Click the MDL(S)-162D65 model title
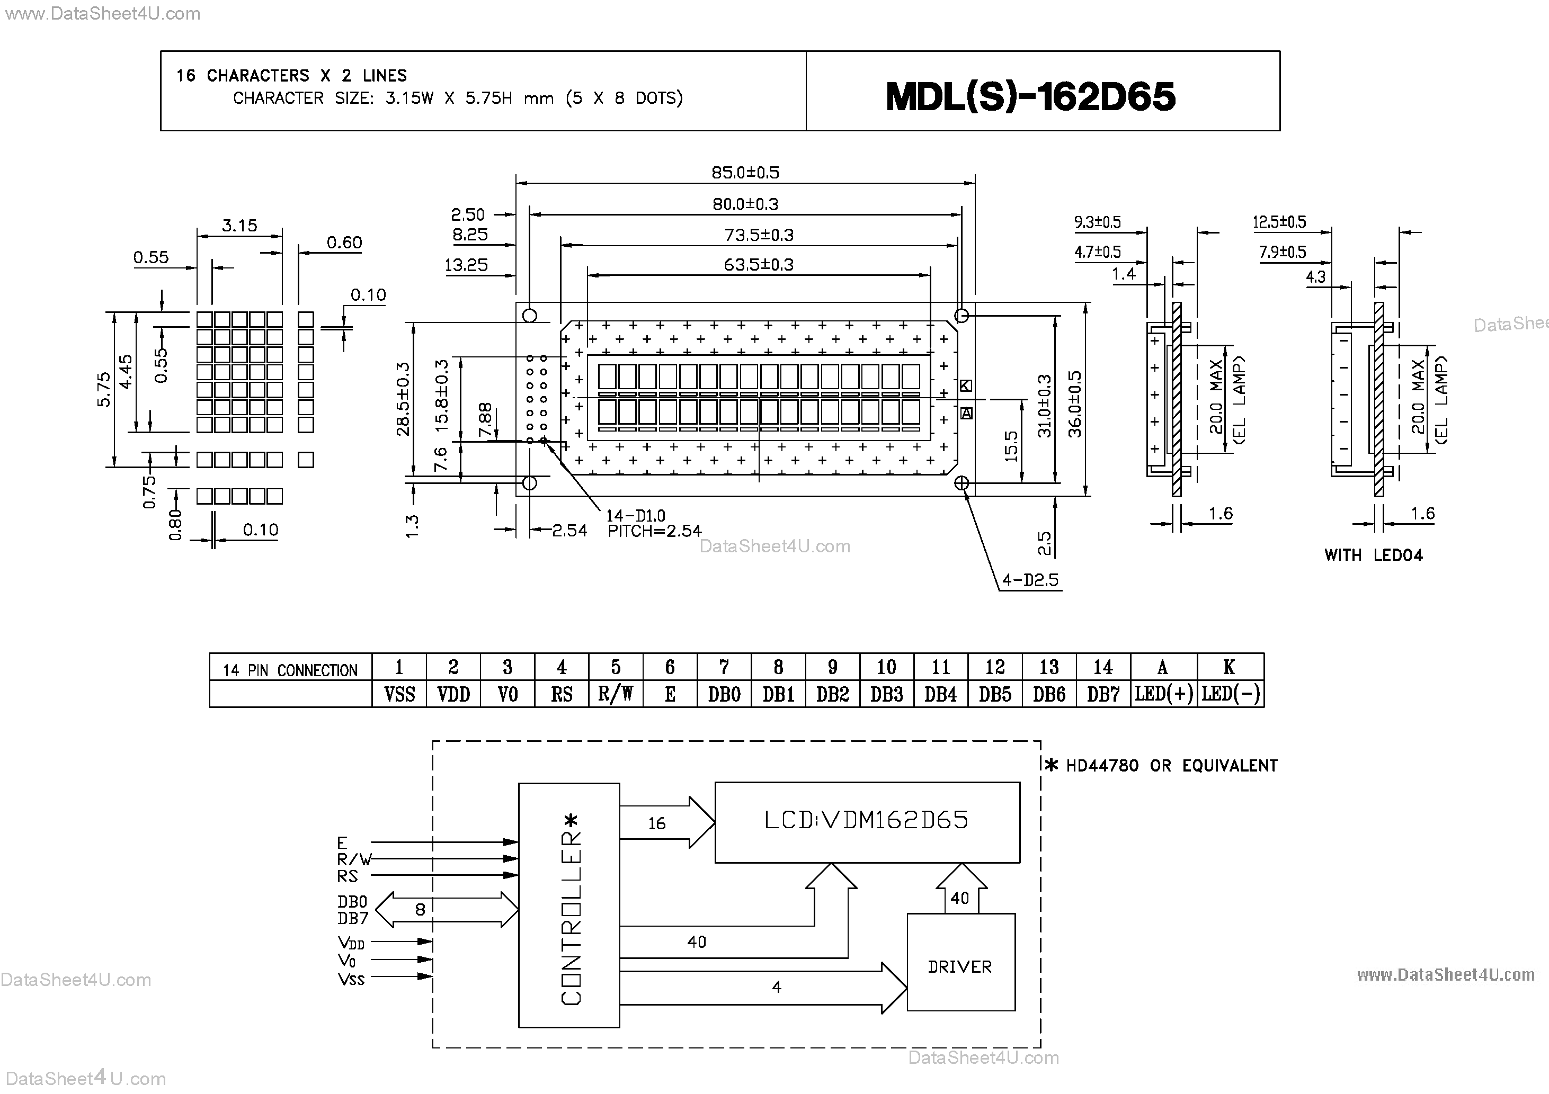[1030, 96]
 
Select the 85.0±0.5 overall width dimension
[745, 173]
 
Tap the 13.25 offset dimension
[466, 265]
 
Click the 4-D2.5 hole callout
[1030, 580]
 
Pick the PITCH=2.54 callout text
[654, 532]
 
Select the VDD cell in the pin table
[453, 694]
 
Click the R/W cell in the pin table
[615, 694]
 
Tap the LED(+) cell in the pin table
[1163, 694]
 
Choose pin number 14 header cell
[1102, 667]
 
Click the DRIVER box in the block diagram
[960, 966]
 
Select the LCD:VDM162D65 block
[866, 821]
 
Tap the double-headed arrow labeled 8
[446, 910]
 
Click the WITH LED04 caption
[1373, 555]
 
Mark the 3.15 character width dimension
[239, 225]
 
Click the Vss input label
[351, 979]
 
